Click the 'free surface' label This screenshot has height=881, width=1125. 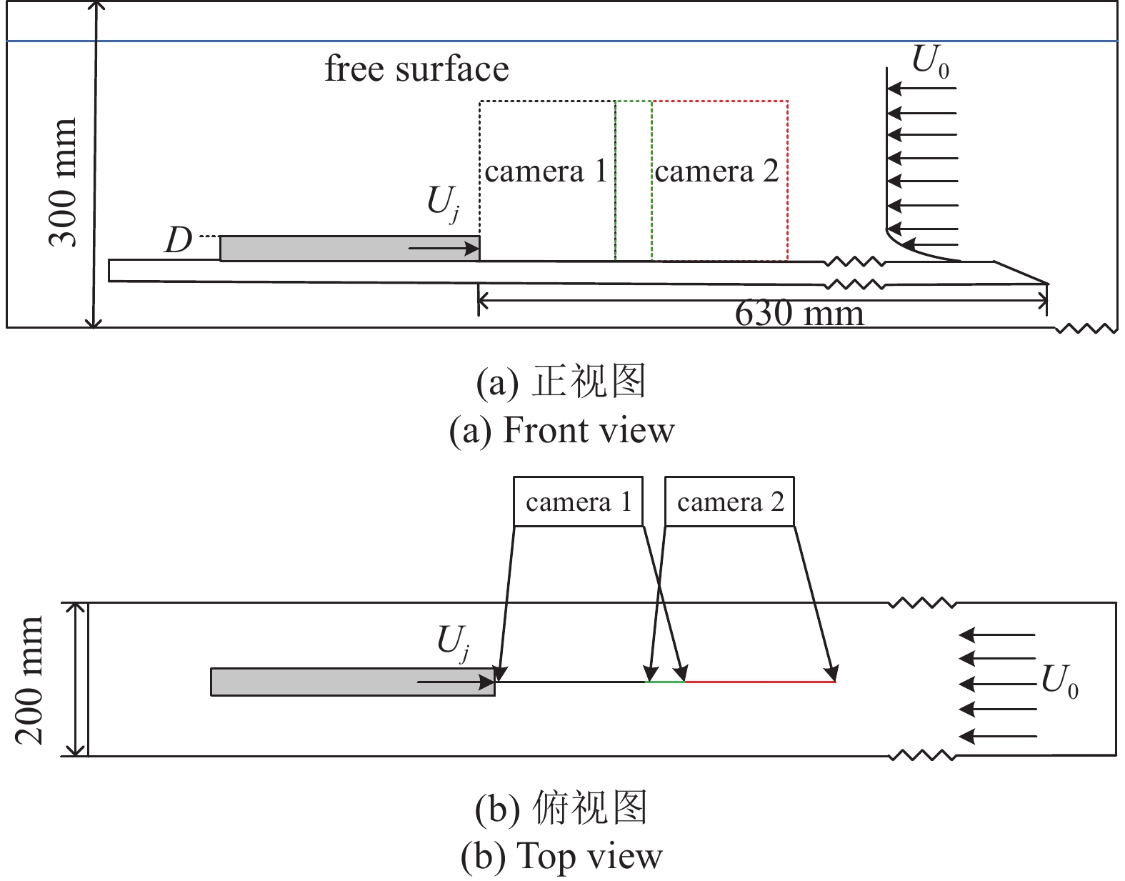pyautogui.click(x=416, y=69)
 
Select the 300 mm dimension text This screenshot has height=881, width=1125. pyautogui.click(x=63, y=183)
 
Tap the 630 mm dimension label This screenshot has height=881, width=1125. pyautogui.click(x=799, y=314)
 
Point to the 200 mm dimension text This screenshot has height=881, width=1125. pyautogui.click(x=30, y=680)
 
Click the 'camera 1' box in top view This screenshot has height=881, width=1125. pyautogui.click(x=578, y=502)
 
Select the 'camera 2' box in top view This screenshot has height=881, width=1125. pyautogui.click(x=729, y=502)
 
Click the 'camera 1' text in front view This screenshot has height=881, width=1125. pyautogui.click(x=546, y=171)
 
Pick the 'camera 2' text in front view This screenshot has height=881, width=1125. pyautogui.click(x=716, y=171)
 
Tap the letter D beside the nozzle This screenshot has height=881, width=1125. pyautogui.click(x=179, y=241)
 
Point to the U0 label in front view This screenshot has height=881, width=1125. pyautogui.click(x=931, y=63)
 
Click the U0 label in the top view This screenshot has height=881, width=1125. pyautogui.click(x=1059, y=681)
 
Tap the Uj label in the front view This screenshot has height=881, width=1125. pyautogui.click(x=444, y=203)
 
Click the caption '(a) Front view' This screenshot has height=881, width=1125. pyautogui.click(x=561, y=430)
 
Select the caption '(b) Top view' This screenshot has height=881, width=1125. pyautogui.click(x=561, y=856)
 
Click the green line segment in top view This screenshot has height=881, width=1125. pyautogui.click(x=665, y=682)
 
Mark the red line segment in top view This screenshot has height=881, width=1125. pyautogui.click(x=760, y=682)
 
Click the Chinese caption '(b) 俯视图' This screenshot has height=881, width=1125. pyautogui.click(x=561, y=808)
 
